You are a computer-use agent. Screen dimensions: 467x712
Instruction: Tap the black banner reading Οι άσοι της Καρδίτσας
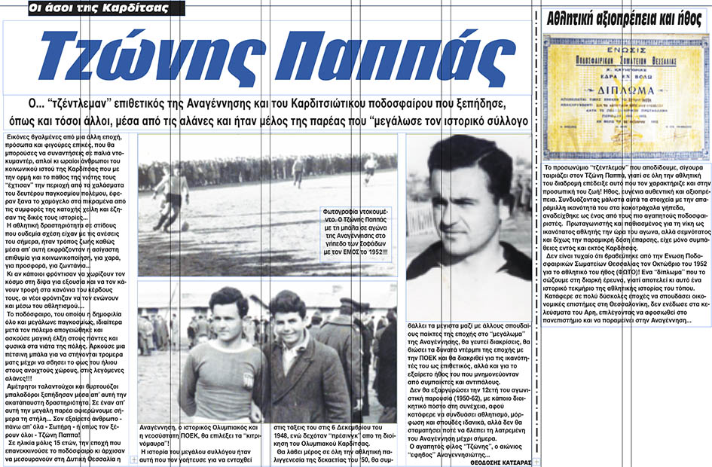click(x=90, y=9)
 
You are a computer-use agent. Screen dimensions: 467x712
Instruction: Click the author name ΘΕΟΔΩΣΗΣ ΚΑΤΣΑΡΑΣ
click(x=494, y=461)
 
